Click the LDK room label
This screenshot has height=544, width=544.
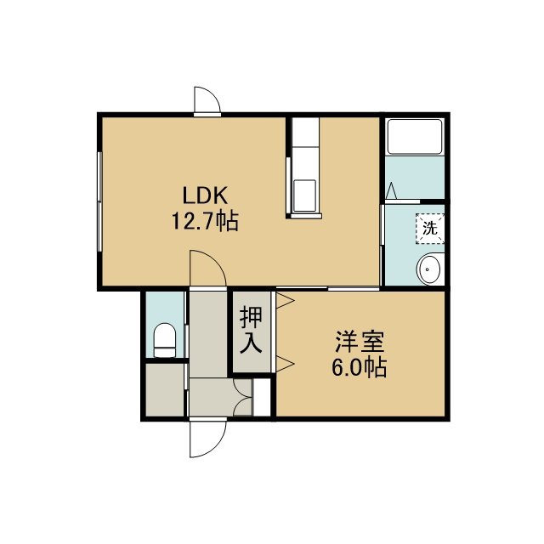[205, 195]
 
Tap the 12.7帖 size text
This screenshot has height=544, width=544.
[205, 221]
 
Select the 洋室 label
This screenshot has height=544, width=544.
[360, 342]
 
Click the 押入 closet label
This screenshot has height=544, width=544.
[251, 330]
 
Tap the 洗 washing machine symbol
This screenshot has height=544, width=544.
[430, 229]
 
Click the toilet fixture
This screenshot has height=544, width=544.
[164, 340]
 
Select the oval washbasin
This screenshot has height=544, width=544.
[429, 269]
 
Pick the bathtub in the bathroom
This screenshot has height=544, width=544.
[415, 137]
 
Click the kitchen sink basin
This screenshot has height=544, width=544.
[304, 195]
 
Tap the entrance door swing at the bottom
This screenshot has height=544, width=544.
[207, 439]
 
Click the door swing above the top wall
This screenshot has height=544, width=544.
[207, 100]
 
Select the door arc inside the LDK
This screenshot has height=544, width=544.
[207, 269]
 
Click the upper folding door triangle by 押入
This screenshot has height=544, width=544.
[286, 301]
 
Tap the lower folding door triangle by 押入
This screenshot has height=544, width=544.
[286, 364]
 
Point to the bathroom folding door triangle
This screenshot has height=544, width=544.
[391, 190]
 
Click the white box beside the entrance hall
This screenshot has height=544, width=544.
[262, 397]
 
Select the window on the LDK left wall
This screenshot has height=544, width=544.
[99, 201]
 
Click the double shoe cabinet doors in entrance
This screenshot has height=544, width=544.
[242, 397]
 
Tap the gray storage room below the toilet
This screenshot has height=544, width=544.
[164, 389]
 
